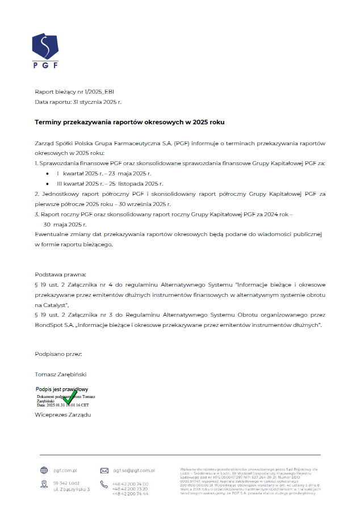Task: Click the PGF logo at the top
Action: point(45,51)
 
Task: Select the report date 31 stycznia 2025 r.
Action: point(98,102)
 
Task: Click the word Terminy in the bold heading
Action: point(50,122)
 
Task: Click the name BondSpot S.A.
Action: point(56,325)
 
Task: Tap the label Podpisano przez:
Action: point(58,354)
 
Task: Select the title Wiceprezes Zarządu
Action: point(63,414)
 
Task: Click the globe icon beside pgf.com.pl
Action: point(44,471)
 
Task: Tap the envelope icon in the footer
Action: point(104,471)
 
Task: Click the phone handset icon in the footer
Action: point(104,484)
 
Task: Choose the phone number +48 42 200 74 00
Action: point(130,484)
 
